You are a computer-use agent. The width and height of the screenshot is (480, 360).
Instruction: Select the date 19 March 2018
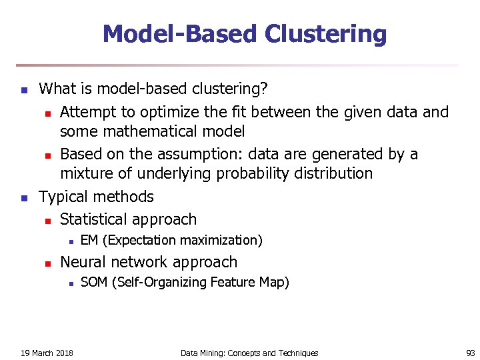(47, 353)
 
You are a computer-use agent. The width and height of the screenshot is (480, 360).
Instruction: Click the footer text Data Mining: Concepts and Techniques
(249, 353)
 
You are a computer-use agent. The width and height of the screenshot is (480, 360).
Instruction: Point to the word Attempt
(88, 112)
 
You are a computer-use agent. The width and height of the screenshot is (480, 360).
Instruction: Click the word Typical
(65, 197)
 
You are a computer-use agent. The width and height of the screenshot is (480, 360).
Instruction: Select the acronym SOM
(93, 283)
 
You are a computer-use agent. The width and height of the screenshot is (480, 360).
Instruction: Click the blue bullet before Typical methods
(23, 198)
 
